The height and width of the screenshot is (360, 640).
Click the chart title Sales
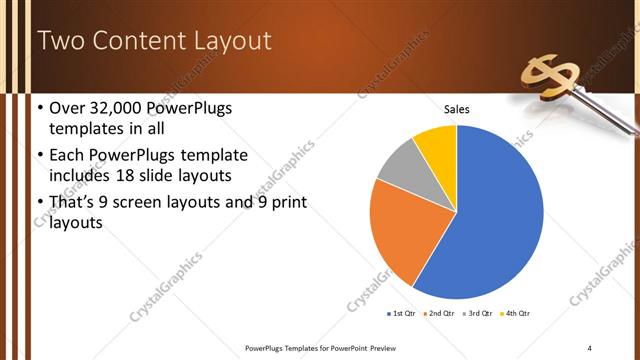pyautogui.click(x=456, y=109)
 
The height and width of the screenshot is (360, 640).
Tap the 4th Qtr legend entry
pyautogui.click(x=517, y=313)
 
